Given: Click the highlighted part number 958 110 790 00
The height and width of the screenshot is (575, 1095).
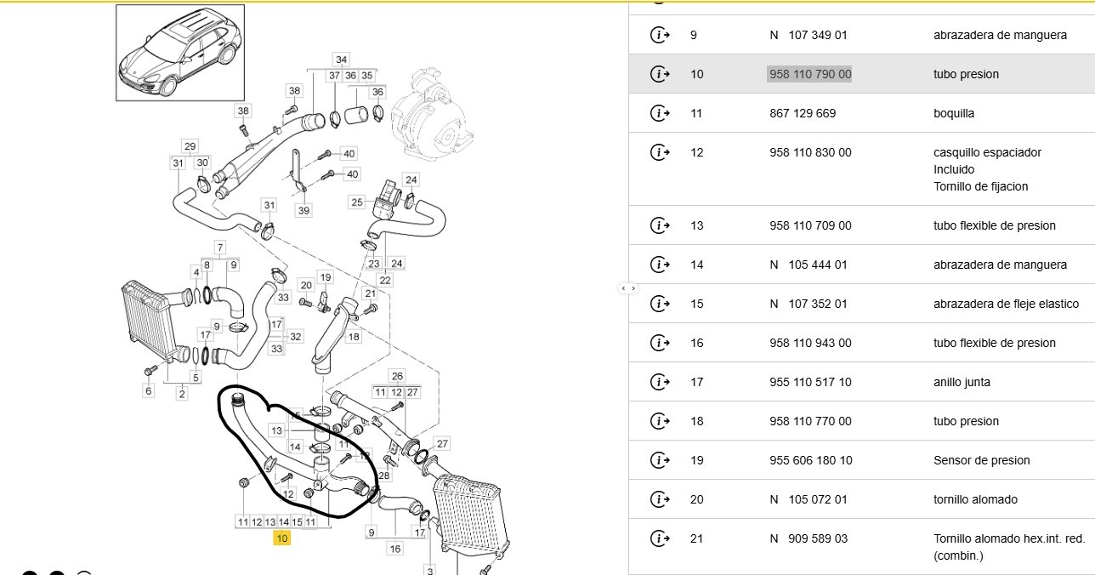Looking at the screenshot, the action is coord(810,74).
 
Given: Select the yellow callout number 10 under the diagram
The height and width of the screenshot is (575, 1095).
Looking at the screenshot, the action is coord(282,538).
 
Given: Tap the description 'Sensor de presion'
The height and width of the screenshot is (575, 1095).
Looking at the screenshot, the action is coord(981,460).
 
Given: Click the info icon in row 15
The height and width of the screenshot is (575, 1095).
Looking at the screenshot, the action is coord(660,304).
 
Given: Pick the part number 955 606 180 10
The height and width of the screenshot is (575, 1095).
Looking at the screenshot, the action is coord(810,460).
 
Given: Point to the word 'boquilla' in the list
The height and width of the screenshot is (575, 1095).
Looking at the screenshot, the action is coord(953,113).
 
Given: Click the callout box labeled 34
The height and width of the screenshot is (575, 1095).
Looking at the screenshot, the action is coord(341,60).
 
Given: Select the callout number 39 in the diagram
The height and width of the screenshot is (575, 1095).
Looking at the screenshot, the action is coord(304,210).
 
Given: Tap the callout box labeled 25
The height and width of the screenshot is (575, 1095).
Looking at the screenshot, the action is coord(357,202).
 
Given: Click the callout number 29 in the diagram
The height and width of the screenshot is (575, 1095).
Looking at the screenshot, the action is coord(190,146).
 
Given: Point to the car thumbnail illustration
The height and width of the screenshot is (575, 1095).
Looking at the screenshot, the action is coord(180,53).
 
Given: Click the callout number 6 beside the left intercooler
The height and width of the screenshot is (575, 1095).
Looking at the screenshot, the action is coord(148,390).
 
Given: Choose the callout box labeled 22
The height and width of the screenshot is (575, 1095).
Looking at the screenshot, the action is coord(385,280).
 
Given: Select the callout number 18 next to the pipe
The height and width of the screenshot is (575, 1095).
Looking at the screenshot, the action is coord(354,336).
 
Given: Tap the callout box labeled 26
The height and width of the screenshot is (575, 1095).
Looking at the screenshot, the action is coord(397,376).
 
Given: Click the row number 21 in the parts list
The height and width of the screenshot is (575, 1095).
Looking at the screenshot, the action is coord(696,538).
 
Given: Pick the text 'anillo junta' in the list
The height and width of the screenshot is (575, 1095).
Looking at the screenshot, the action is coord(962,382).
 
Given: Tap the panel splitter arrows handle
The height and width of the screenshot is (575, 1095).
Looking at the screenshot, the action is coord(628,288).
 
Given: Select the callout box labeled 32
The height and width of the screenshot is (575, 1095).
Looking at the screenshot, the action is coord(295,336).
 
